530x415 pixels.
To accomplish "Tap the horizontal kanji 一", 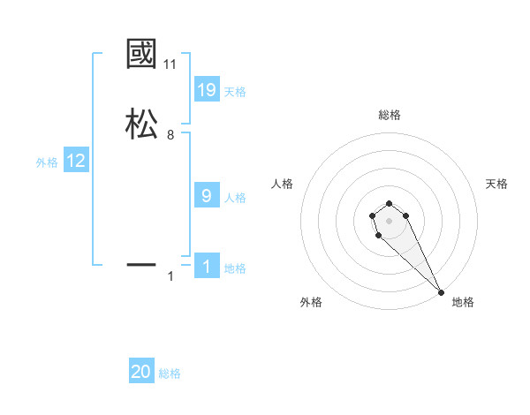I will click(141, 264).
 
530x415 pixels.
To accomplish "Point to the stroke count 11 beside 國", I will click(170, 64).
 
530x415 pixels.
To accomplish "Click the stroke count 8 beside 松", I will click(170, 135).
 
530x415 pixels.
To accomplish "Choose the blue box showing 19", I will click(206, 90).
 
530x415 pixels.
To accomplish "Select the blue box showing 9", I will click(206, 196).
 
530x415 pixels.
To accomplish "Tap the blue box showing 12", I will click(76, 161).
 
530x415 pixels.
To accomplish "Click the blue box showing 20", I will click(141, 372).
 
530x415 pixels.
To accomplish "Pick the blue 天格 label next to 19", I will click(235, 92).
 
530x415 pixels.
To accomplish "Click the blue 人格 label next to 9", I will click(235, 198).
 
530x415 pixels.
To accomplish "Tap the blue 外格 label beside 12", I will click(47, 162).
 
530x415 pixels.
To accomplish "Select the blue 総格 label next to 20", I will click(170, 373).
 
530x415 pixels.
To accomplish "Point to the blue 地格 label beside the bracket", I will click(235, 268).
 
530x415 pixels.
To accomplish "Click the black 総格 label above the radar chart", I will click(389, 115).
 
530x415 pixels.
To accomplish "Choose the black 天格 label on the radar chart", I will click(496, 184).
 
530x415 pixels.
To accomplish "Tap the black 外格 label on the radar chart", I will click(311, 302).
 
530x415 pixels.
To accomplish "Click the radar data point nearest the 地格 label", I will click(441, 291).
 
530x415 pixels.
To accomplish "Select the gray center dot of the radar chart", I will click(389, 220).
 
